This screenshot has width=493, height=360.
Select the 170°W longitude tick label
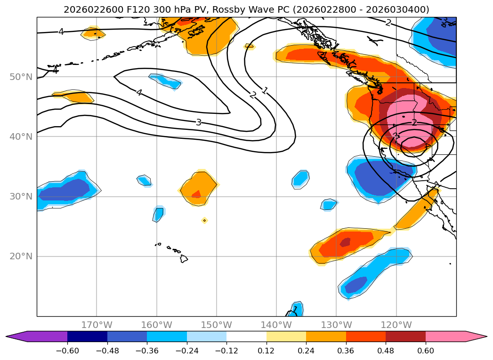pos(97,325)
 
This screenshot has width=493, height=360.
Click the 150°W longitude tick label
pos(217,325)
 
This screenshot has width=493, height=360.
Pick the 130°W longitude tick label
pos(336,325)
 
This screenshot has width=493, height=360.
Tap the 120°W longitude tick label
pos(396,325)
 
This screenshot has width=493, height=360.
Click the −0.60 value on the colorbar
pos(67,350)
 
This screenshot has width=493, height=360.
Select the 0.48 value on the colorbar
pos(386,350)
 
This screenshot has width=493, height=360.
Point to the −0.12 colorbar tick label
pos(226,350)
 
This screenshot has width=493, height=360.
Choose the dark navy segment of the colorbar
pos(87,336)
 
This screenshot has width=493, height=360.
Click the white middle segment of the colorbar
pos(246,336)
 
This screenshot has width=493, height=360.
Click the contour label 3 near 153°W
pos(199,122)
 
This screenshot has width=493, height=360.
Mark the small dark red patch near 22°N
pos(345,242)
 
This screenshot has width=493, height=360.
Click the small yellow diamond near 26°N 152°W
pos(204,220)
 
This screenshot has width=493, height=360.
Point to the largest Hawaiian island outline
pos(184,258)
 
